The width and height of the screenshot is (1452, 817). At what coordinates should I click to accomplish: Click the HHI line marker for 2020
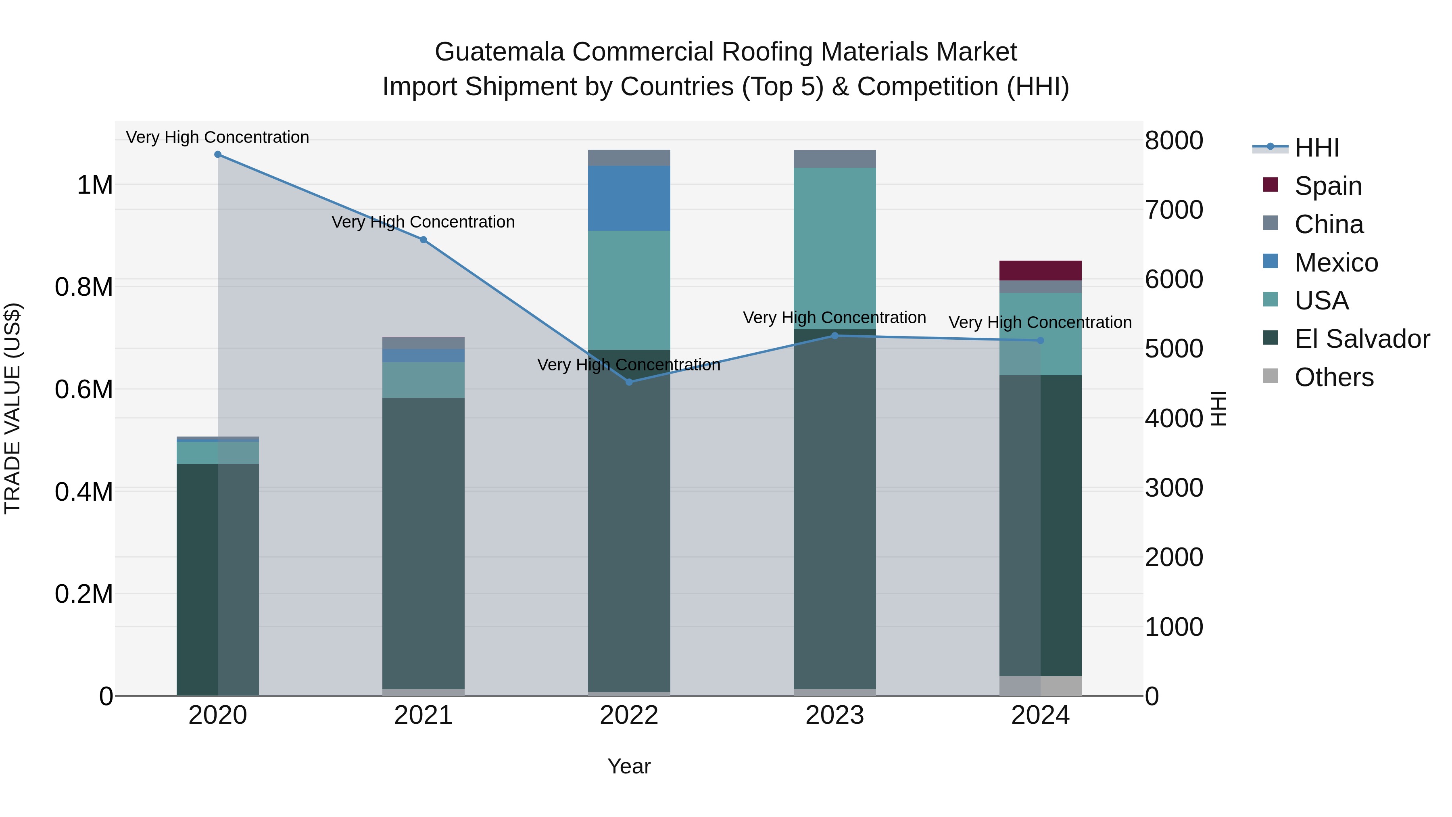[x=217, y=155]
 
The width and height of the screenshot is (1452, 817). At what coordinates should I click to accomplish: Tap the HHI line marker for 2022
[x=629, y=382]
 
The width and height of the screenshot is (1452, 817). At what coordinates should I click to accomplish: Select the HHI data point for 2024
[x=1041, y=341]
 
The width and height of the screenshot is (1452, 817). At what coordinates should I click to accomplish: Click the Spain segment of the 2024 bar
[x=1041, y=271]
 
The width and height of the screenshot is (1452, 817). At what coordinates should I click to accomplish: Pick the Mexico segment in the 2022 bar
[x=629, y=199]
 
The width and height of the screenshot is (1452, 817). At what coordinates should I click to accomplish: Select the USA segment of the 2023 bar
[x=835, y=248]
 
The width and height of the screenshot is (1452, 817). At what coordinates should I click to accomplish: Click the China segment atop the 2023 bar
[x=835, y=159]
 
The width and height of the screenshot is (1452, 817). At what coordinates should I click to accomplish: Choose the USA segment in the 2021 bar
[x=423, y=380]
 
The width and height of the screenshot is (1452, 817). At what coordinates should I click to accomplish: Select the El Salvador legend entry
[x=1361, y=339]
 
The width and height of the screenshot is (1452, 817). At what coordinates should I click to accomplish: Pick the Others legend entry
[x=1334, y=377]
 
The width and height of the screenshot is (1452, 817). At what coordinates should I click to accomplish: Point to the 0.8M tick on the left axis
[x=84, y=287]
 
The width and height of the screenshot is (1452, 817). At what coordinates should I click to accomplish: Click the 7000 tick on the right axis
[x=1174, y=210]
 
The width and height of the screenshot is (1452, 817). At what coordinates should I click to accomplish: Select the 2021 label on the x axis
[x=423, y=715]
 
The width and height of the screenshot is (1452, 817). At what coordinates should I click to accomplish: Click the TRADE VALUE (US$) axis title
[x=13, y=408]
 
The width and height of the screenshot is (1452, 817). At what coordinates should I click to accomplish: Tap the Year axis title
[x=629, y=766]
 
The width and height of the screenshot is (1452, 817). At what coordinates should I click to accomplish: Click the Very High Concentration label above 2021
[x=423, y=222]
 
